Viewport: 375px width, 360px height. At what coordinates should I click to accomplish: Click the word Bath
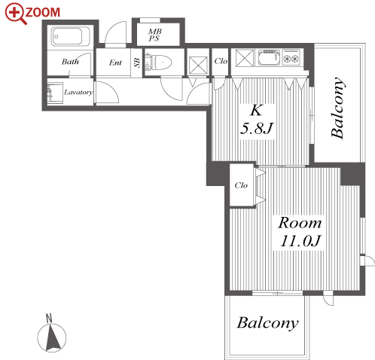pos(70,62)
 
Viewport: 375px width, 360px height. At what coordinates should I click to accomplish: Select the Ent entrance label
pos(115,63)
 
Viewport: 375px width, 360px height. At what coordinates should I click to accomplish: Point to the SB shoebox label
pos(137,63)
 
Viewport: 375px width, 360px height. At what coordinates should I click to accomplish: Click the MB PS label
pos(155,35)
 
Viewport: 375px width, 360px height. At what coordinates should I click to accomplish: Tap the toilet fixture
pos(158,62)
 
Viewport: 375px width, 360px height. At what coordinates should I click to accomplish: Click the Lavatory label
pos(78,92)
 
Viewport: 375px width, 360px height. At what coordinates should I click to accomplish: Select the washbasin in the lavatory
pos(55,93)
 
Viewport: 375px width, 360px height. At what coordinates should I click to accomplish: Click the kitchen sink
pos(268,57)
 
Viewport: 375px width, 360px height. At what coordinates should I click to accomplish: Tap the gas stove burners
pos(291,57)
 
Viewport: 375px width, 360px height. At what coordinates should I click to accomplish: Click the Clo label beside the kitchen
pos(221,61)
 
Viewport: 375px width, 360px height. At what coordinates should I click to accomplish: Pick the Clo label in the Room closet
pos(241,185)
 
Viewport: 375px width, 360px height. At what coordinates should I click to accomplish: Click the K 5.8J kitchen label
pos(257,120)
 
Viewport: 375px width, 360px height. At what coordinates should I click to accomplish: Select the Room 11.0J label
pos(300,232)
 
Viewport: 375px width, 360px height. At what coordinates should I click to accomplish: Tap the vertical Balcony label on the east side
pos(337,108)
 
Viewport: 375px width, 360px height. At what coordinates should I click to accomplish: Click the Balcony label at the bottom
pos(268,323)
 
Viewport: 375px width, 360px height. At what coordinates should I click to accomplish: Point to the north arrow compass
pos(52,335)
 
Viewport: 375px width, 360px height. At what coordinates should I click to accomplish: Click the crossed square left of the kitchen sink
pos(245,58)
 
